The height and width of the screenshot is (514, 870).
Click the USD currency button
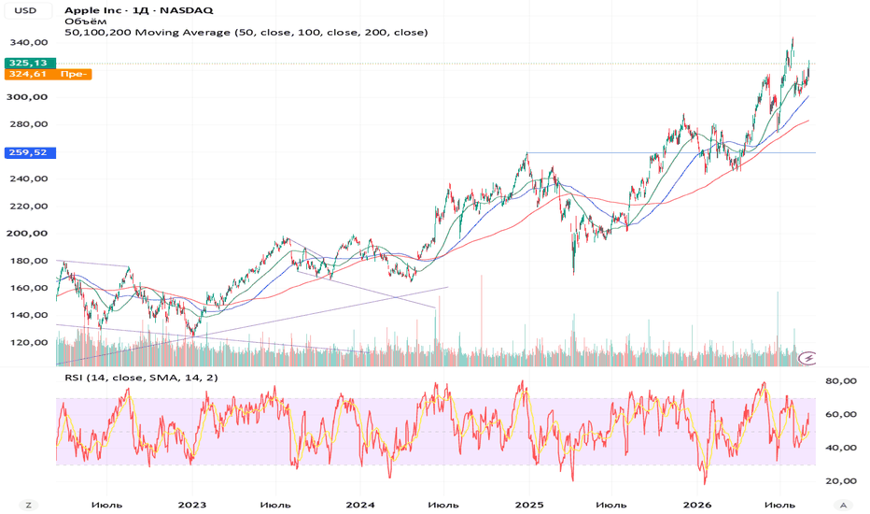[25, 10]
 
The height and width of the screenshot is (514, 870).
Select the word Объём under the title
[86, 21]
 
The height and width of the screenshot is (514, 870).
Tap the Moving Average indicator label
[246, 32]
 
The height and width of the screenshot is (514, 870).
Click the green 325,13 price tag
[30, 63]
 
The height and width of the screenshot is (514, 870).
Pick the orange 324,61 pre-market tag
[48, 74]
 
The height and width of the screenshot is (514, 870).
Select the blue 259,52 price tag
[30, 152]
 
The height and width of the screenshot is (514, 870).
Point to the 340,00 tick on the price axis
[28, 42]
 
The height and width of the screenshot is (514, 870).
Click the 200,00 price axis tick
[28, 234]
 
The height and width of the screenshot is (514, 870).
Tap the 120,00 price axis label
[28, 342]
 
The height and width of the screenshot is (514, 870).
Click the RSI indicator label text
[142, 378]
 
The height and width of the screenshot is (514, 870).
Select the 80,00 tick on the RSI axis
[840, 381]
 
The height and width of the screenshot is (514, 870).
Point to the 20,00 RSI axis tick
[840, 481]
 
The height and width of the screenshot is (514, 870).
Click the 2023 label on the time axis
[192, 505]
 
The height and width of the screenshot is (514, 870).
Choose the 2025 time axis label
[528, 505]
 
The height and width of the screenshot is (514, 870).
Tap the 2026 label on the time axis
[697, 505]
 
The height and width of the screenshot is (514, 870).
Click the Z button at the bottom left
[28, 505]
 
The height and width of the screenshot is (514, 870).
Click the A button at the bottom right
[843, 505]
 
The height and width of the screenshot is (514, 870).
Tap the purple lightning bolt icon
[808, 359]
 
